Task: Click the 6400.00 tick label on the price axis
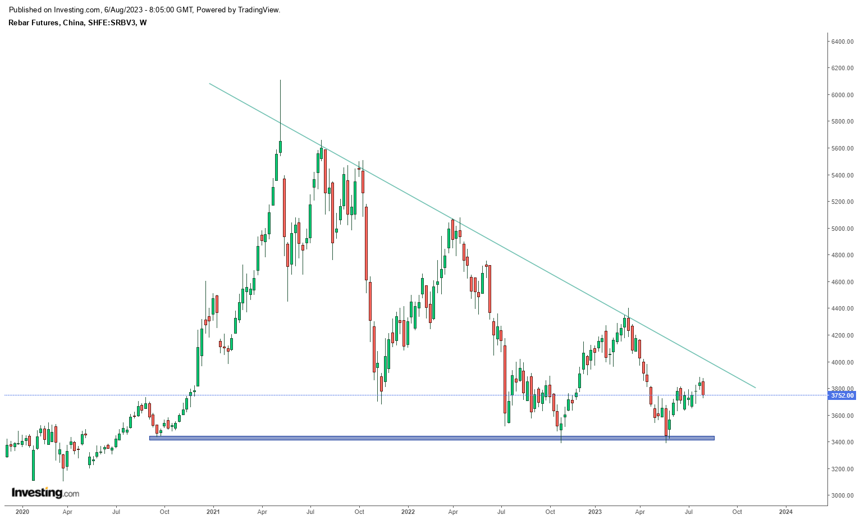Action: point(842,42)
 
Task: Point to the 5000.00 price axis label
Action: point(842,229)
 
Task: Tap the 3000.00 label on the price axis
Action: point(842,495)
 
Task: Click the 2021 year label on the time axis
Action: point(213,512)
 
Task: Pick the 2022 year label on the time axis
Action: point(408,512)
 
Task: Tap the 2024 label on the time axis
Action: point(786,512)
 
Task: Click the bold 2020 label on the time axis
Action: point(22,512)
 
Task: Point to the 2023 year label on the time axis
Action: point(594,512)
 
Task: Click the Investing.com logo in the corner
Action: point(45,493)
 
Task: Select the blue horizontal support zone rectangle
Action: point(432,438)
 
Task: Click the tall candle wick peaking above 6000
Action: point(280,107)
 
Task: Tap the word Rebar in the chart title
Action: point(19,23)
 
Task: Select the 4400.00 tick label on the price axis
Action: point(842,308)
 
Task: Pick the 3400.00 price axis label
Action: point(842,442)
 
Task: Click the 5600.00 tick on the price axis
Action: point(842,148)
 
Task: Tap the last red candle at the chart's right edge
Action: point(703,388)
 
